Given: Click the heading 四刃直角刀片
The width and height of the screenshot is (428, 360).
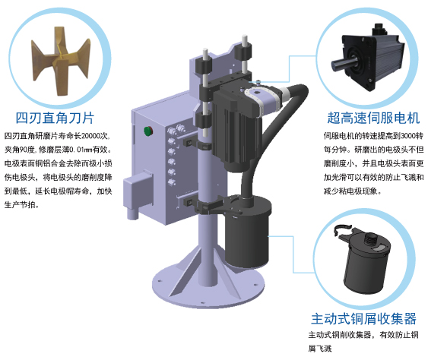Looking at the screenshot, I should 55,118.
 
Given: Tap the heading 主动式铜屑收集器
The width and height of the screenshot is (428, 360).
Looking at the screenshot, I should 363,317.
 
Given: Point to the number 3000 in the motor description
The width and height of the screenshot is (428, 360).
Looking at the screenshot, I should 399,135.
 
